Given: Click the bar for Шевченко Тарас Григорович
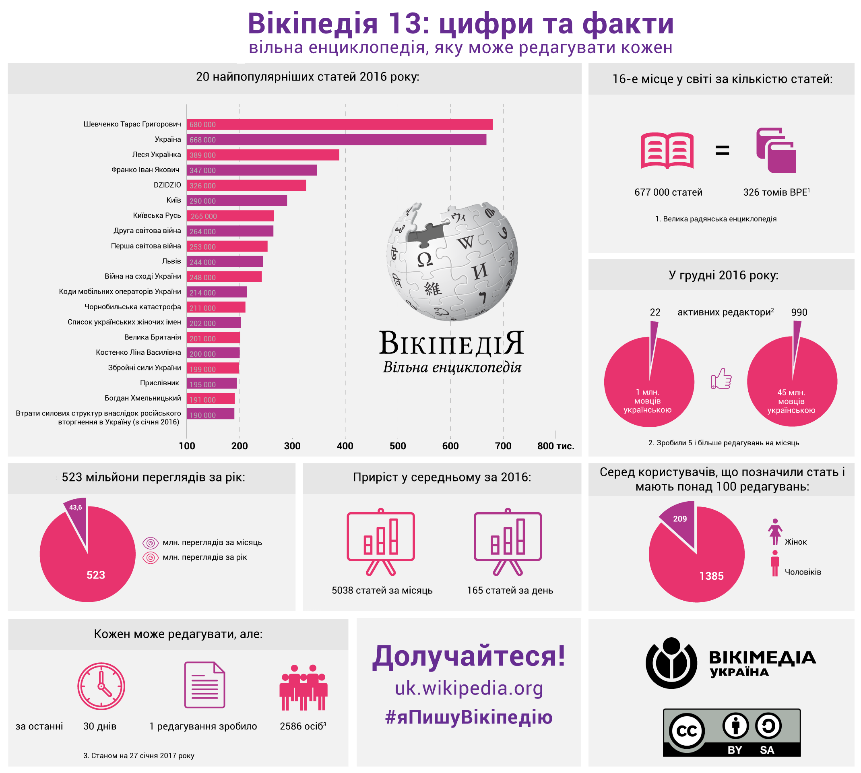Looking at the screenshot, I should click(x=340, y=124).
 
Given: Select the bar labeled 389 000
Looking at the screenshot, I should click(x=263, y=155).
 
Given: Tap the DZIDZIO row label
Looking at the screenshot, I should click(x=167, y=185).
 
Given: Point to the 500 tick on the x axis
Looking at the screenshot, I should click(x=398, y=446).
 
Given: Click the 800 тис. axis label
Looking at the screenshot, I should click(x=555, y=446).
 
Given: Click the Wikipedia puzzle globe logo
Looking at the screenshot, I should click(x=452, y=261).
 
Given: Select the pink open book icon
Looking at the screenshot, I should click(x=667, y=151).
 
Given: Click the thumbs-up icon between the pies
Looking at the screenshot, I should click(x=721, y=379).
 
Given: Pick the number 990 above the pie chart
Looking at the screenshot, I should click(x=799, y=312).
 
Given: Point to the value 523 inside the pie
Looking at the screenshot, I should click(x=96, y=575).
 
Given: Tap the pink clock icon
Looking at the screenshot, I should click(x=101, y=686).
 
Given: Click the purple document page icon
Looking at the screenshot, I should click(x=204, y=685).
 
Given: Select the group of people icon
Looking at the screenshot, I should click(x=303, y=687).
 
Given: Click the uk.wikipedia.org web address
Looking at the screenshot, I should click(x=469, y=688).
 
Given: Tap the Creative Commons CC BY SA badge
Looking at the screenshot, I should click(x=731, y=732).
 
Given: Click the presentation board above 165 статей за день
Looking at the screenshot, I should click(x=507, y=542).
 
